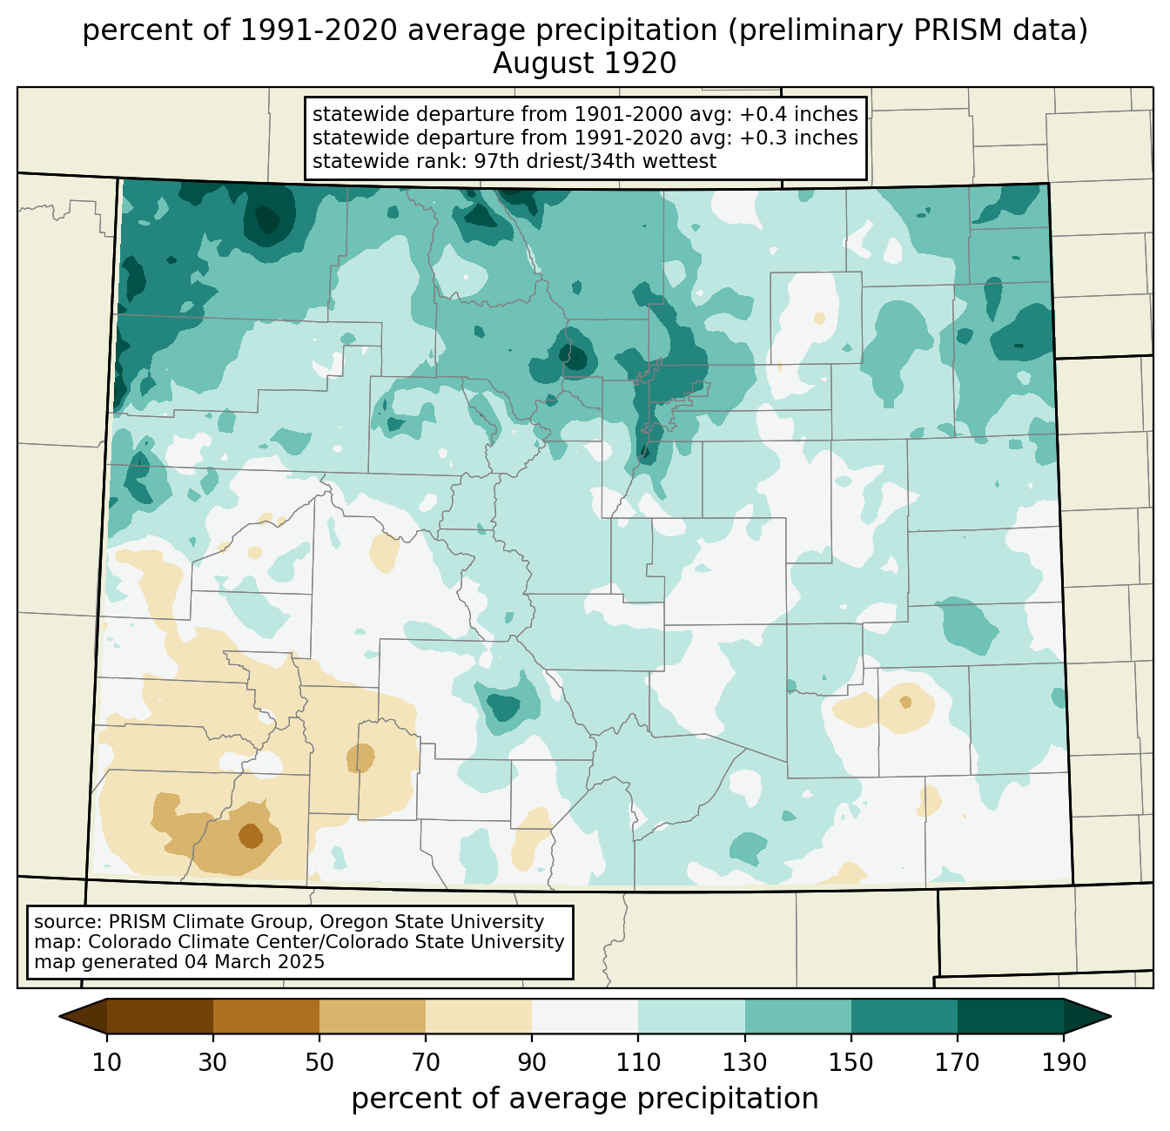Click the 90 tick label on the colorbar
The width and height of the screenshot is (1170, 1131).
[532, 1062]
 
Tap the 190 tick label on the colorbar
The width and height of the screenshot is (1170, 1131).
[1063, 1062]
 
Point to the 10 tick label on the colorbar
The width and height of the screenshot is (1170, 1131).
[107, 1062]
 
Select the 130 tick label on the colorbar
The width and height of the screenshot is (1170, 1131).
[745, 1062]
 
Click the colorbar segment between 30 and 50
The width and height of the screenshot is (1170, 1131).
[266, 1016]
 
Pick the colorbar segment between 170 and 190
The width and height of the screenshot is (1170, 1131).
[1010, 1016]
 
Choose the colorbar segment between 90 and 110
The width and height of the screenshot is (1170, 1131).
[585, 1016]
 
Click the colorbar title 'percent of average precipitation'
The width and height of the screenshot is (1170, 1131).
[585, 1099]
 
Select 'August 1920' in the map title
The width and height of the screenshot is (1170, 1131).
[585, 64]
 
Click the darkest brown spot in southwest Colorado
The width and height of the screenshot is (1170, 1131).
[250, 836]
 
